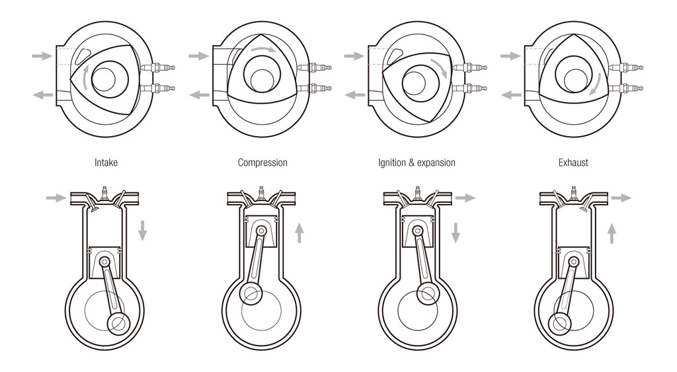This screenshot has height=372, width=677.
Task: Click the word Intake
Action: [x=106, y=163]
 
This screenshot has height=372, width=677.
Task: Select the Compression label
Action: [x=262, y=163]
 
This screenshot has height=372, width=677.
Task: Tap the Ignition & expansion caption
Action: [x=417, y=163]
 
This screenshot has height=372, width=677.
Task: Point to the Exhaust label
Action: [x=573, y=163]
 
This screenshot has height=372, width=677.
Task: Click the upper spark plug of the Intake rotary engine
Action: [x=158, y=68]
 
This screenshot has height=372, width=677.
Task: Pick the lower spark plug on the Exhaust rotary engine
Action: [x=626, y=89]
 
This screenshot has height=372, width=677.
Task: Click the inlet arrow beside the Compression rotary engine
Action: [x=198, y=56]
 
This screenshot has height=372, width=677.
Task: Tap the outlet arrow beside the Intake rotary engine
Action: [x=43, y=94]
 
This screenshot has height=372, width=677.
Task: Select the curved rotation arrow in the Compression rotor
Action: [x=262, y=50]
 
